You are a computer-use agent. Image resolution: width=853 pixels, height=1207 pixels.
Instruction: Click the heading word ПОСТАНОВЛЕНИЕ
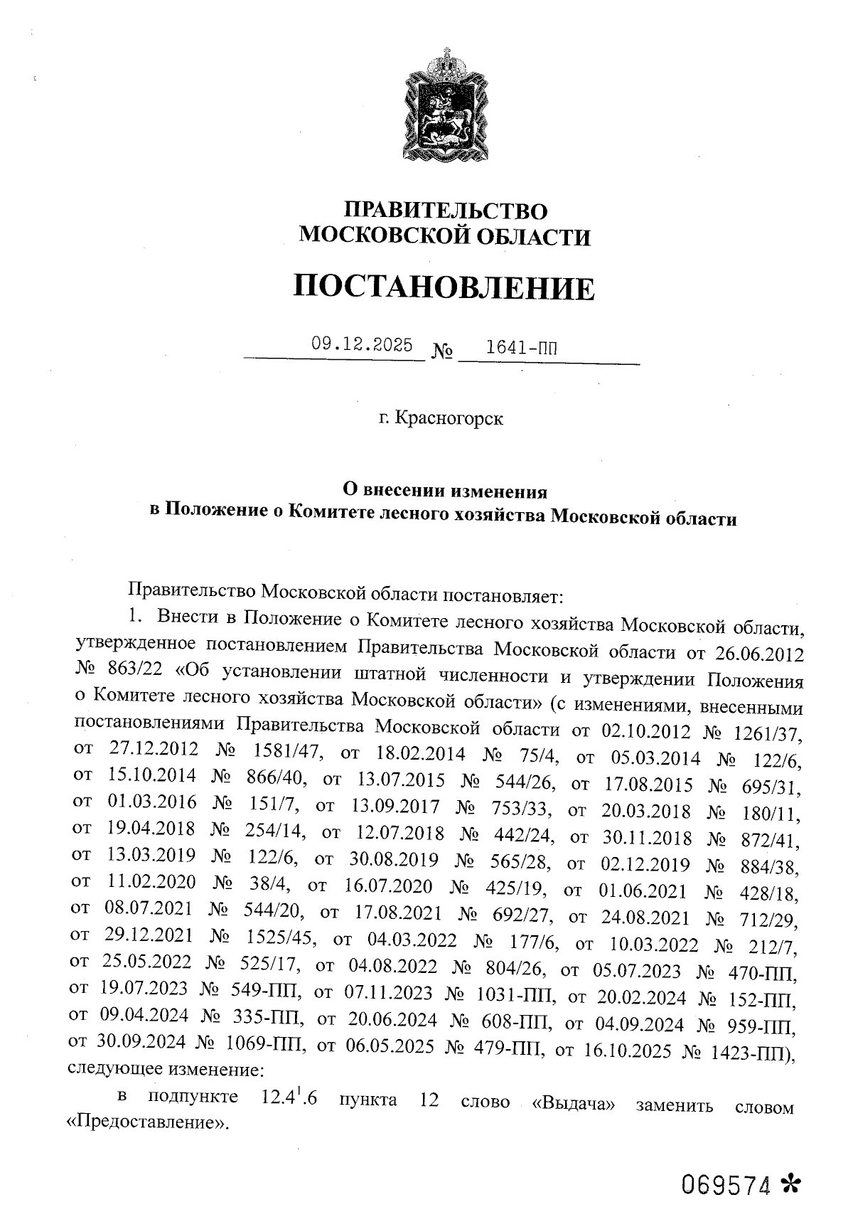444,287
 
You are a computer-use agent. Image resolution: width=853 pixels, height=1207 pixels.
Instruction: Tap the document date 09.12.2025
362,346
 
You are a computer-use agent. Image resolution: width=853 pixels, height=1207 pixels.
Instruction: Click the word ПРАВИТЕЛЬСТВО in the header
446,211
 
